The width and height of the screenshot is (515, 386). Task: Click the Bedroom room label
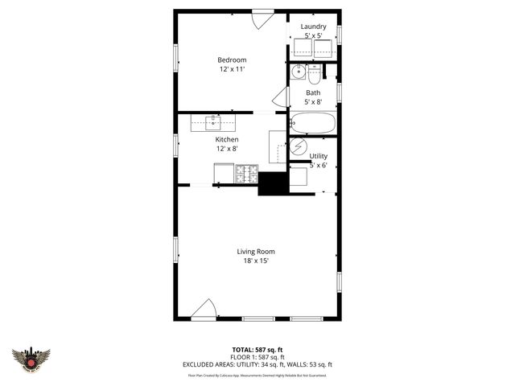(x=232, y=60)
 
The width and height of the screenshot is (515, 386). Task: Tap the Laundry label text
(x=313, y=27)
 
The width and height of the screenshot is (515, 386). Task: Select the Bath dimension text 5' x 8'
(x=313, y=102)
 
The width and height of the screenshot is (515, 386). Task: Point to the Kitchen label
(x=226, y=139)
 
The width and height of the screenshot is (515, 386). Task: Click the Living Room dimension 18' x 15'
(x=254, y=261)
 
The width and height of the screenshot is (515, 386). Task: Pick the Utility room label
(x=319, y=156)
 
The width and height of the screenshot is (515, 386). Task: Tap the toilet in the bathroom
(x=314, y=72)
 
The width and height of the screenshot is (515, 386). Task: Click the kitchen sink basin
(x=214, y=123)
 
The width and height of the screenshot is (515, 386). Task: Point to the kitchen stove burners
(x=246, y=174)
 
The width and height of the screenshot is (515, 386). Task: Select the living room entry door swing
(x=206, y=310)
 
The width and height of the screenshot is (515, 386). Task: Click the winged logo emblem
(x=31, y=359)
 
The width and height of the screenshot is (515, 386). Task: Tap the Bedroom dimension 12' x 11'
(x=232, y=70)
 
